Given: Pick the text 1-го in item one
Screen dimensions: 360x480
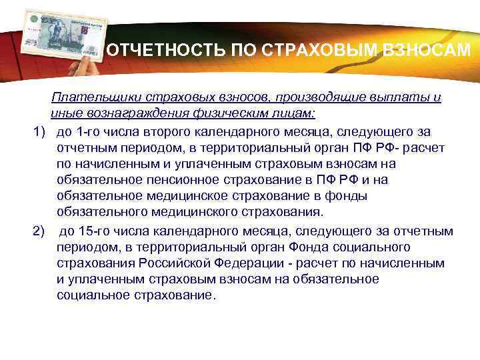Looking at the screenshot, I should [x=91, y=131].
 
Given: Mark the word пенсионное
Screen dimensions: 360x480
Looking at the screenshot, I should [x=177, y=179].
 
